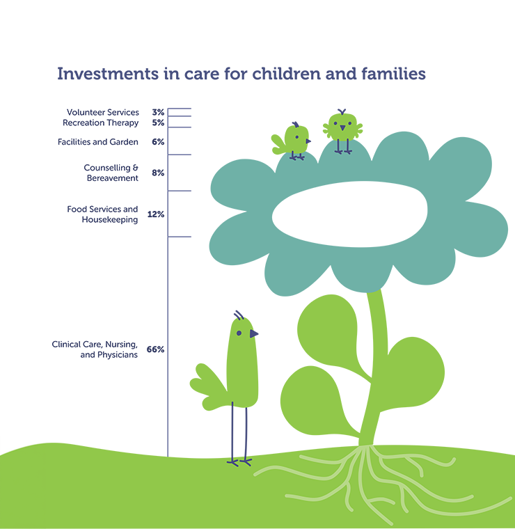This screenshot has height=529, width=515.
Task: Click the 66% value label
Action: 155,349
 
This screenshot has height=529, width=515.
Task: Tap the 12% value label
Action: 156,214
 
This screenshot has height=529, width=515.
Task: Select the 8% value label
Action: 158,173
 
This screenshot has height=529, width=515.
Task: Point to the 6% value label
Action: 158,142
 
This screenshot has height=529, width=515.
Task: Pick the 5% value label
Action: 158,123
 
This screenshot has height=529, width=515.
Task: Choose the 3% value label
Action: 158,112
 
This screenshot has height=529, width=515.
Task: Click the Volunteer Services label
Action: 103,112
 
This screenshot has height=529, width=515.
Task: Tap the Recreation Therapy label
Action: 100,123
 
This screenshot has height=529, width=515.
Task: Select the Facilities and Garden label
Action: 98,142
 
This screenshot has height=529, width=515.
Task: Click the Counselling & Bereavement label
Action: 111,173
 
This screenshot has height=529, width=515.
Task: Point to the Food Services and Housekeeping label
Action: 102,214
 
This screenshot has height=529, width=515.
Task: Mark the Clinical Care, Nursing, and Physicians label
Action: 95,349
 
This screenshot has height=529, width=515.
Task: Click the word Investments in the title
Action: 108,74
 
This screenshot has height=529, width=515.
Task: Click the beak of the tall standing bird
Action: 254,333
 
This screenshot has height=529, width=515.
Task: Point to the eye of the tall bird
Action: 239,333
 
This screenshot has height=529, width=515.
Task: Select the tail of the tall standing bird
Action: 208,386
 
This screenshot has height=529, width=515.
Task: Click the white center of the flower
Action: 350,214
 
